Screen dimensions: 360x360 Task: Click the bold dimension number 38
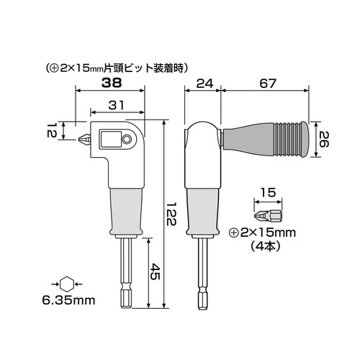[x=110, y=83]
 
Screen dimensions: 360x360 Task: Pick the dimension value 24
[x=202, y=83]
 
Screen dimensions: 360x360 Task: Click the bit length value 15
[x=266, y=194]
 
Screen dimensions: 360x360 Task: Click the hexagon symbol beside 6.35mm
[x=68, y=283]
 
